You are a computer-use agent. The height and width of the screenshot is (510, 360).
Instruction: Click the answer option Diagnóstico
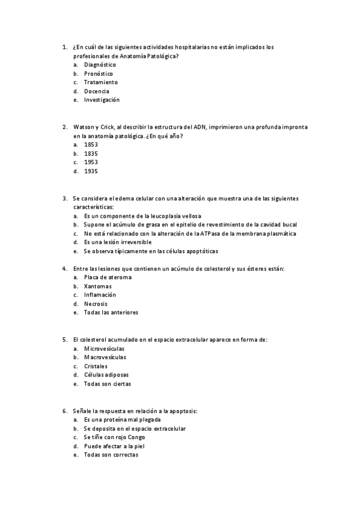pyautogui.click(x=100, y=64)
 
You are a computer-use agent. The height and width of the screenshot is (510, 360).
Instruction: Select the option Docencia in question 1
pyautogui.click(x=96, y=91)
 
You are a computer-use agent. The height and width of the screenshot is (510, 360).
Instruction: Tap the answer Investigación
pyautogui.click(x=102, y=100)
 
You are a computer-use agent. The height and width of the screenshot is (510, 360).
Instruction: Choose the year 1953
pyautogui.click(x=91, y=162)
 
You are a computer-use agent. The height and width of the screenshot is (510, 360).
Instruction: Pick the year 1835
pyautogui.click(x=91, y=153)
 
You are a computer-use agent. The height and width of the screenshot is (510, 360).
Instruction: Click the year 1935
pyautogui.click(x=91, y=171)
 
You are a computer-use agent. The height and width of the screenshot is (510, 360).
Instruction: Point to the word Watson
pyautogui.click(x=82, y=127)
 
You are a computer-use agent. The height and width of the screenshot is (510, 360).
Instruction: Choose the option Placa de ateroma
pyautogui.click(x=108, y=277)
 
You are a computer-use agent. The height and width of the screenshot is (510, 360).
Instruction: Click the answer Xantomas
pyautogui.click(x=97, y=286)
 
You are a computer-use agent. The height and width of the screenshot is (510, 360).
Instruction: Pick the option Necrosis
pyautogui.click(x=96, y=304)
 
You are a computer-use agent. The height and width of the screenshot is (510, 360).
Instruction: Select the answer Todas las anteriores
pyautogui.click(x=111, y=313)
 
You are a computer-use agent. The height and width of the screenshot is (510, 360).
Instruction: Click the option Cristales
pyautogui.click(x=96, y=366)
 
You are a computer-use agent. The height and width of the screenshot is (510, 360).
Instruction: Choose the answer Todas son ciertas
pyautogui.click(x=107, y=384)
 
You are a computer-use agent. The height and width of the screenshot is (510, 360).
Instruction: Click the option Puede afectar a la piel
pyautogui.click(x=114, y=446)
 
